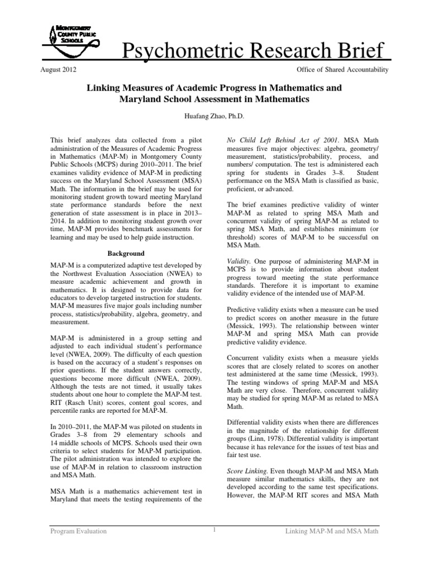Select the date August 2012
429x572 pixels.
tap(59, 70)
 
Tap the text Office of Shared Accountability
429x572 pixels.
tap(339, 70)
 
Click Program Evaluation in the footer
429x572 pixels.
tap(77, 531)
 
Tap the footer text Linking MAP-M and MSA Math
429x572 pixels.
tap(332, 531)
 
